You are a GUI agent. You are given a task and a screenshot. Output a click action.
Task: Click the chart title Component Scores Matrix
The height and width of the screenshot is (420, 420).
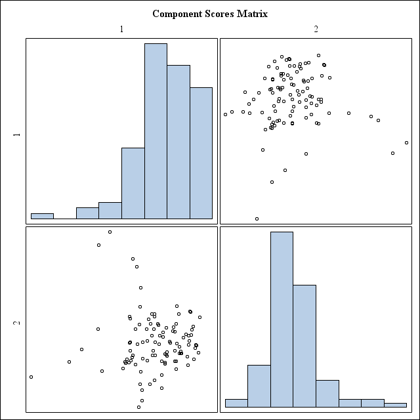(210, 14)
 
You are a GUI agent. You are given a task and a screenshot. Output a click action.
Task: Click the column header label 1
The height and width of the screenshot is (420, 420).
(121, 30)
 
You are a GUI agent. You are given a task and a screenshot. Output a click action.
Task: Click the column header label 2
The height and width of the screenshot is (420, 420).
(316, 30)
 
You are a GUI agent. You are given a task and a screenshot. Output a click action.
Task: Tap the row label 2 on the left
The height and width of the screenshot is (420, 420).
(17, 323)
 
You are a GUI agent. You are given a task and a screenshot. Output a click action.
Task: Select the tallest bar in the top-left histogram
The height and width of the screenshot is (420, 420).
(156, 131)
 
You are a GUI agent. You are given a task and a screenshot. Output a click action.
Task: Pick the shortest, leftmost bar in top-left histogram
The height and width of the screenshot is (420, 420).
(42, 216)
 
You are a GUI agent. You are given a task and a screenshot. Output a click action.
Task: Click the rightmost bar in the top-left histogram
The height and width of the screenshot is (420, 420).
(201, 153)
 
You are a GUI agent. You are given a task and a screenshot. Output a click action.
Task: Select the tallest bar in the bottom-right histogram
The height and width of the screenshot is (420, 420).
(282, 320)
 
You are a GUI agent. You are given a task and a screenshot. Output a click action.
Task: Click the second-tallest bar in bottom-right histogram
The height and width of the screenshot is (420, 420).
(304, 346)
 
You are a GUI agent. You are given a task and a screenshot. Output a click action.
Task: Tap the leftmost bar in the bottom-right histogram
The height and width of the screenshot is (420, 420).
(236, 403)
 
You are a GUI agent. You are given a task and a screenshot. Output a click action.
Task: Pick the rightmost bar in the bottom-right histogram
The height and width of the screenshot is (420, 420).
(395, 405)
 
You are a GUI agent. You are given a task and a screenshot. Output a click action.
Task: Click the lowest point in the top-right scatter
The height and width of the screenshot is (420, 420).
(257, 219)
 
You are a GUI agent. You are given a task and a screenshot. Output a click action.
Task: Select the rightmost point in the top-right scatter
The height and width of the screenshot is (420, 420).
(406, 142)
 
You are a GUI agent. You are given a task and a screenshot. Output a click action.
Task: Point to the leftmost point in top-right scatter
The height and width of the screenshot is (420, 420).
(225, 114)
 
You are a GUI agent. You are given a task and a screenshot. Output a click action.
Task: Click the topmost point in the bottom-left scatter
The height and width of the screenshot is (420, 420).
(110, 232)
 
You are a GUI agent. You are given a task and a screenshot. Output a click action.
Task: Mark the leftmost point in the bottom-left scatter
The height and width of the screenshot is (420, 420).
(31, 377)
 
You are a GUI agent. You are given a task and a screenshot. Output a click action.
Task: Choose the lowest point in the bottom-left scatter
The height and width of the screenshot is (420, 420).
(138, 407)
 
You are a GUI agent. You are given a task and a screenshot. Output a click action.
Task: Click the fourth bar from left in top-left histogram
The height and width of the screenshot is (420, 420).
(110, 210)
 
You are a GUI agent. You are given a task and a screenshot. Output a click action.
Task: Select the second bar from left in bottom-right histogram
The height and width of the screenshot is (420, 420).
(259, 386)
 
